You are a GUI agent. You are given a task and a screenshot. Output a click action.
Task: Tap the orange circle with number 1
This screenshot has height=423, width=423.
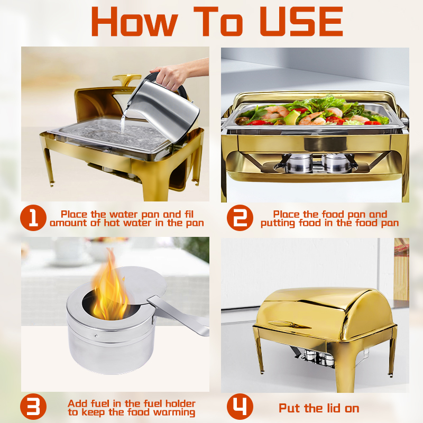tap(33, 218)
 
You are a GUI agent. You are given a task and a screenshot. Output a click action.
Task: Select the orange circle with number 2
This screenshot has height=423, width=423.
tap(240, 218)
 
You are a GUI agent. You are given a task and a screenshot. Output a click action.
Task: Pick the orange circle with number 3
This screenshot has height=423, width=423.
tap(33, 408)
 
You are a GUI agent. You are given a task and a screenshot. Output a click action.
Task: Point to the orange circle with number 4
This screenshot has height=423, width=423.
tap(240, 408)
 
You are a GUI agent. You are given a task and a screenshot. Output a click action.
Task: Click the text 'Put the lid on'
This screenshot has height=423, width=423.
tap(319, 408)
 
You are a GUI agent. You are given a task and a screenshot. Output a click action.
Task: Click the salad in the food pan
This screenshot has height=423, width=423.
tap(312, 112)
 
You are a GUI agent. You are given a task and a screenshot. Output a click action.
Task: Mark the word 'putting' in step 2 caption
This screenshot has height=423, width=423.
tap(280, 223)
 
